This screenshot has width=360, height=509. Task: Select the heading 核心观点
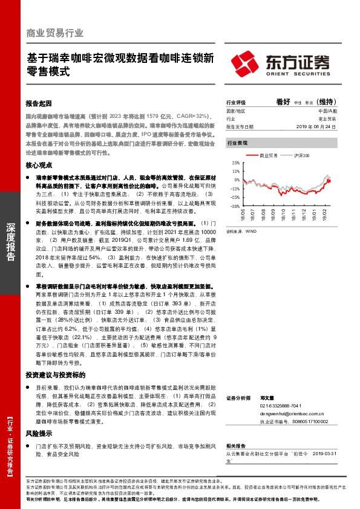40,165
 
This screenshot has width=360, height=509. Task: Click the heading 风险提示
40,433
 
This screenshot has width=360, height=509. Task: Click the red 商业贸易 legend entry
264,155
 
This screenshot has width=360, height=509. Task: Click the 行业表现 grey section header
237,143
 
